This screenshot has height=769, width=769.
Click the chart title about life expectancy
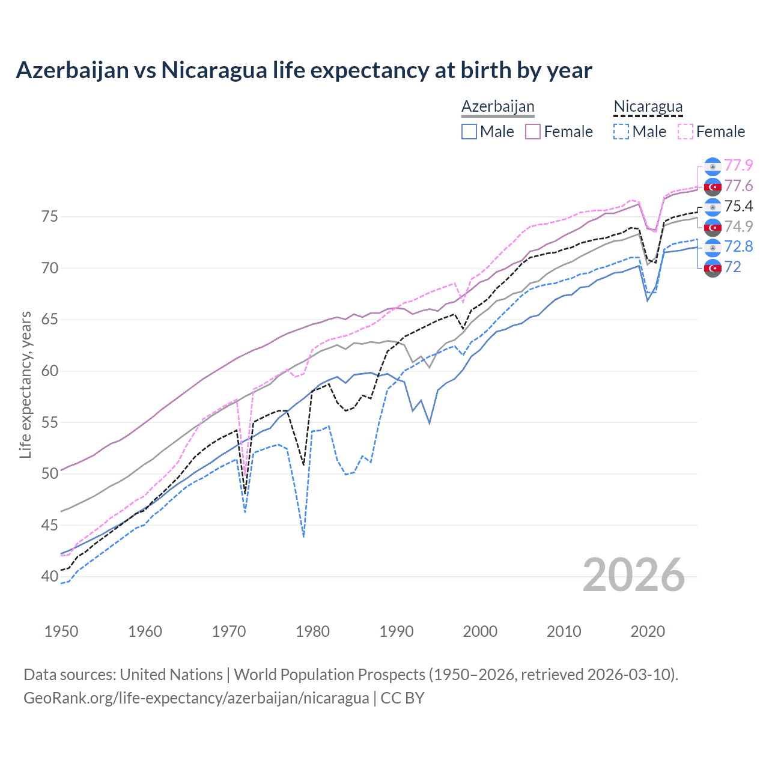(304, 70)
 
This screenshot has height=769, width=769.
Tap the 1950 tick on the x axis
(61, 631)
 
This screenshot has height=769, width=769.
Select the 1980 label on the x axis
(312, 631)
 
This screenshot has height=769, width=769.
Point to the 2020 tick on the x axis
(648, 631)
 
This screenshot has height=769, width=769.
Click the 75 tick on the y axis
(50, 216)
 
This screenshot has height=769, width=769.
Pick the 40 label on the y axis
(50, 576)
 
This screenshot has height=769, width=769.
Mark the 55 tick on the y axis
(50, 422)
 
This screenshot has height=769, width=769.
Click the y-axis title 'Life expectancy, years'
(25, 384)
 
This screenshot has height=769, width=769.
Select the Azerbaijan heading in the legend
(497, 106)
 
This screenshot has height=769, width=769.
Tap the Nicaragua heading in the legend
(648, 106)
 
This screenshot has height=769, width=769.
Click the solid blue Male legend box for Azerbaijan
(469, 132)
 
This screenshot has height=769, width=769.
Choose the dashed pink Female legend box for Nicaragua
(685, 132)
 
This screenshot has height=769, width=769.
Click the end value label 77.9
(738, 165)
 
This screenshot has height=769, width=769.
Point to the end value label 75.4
(738, 206)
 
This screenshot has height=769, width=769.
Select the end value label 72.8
(738, 246)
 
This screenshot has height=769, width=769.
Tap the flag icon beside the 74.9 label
(713, 227)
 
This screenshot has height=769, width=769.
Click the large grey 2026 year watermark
(633, 575)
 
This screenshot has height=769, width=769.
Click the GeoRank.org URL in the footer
(196, 698)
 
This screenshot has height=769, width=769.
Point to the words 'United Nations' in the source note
(171, 675)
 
